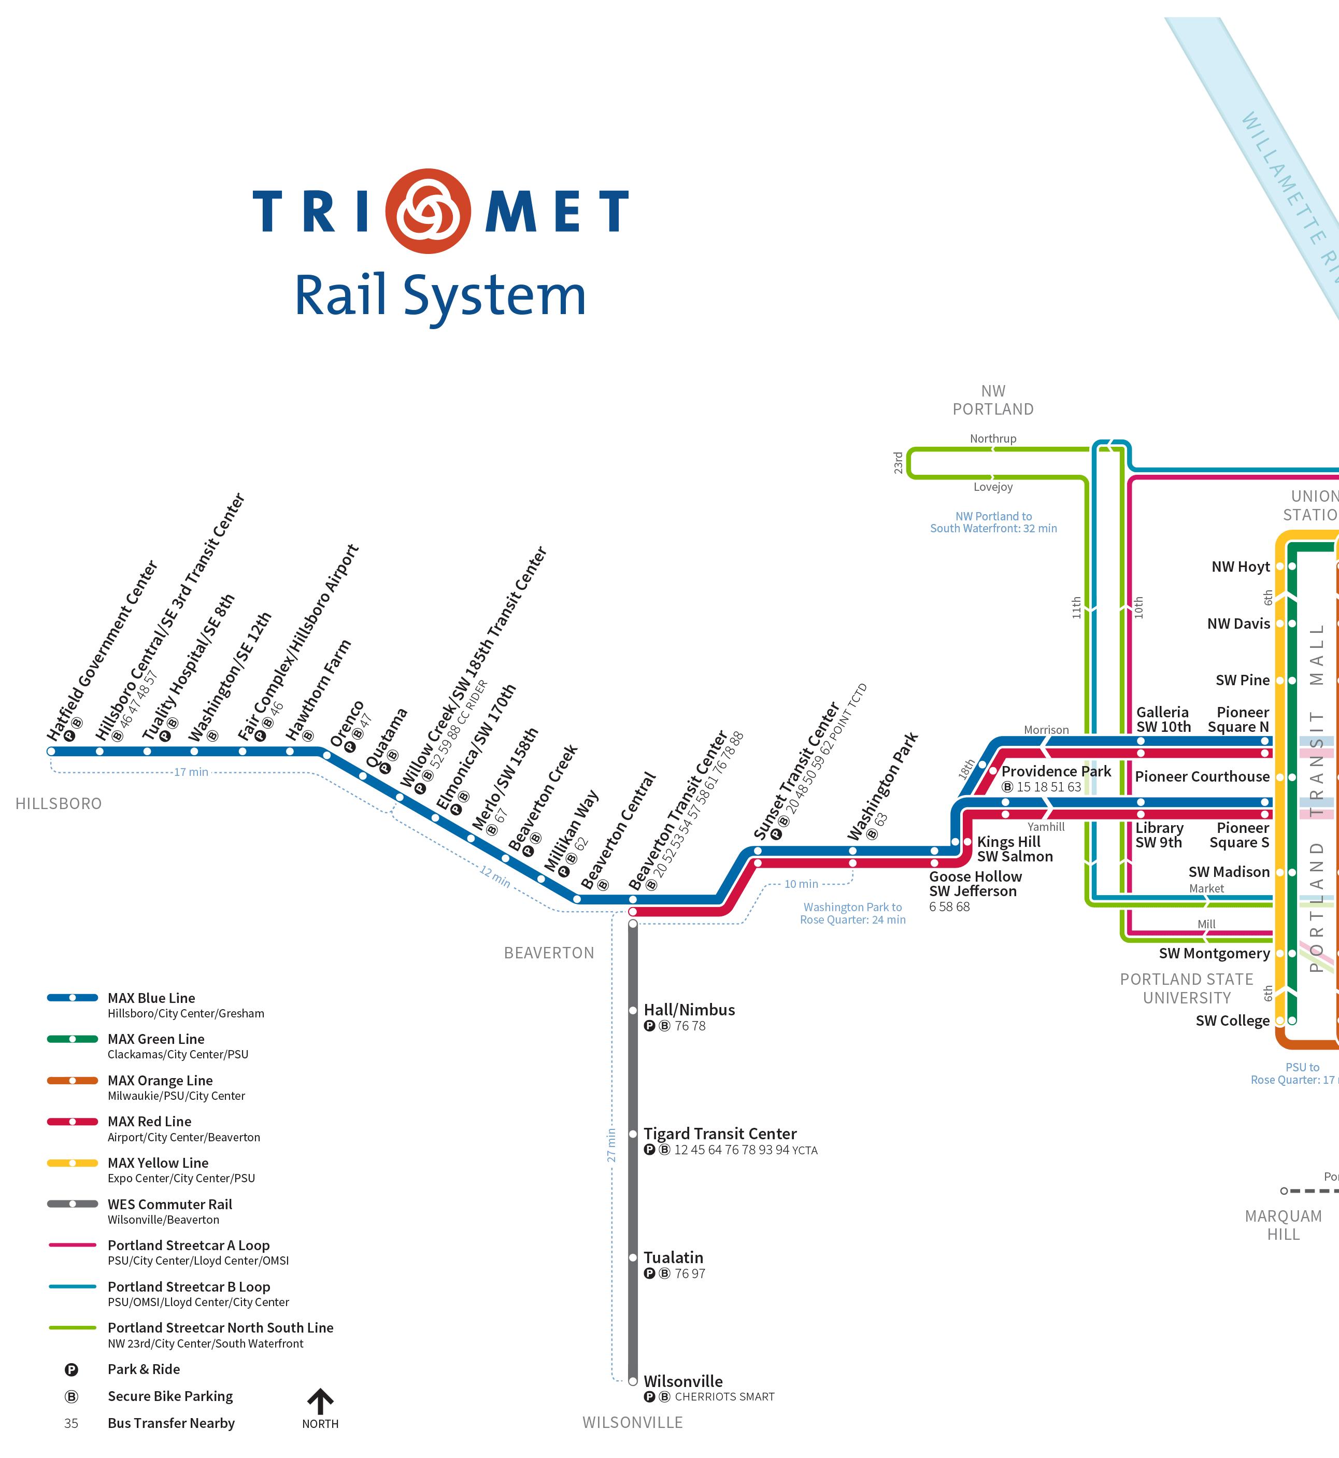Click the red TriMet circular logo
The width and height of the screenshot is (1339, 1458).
(428, 211)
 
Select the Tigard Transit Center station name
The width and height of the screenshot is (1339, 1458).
(719, 1134)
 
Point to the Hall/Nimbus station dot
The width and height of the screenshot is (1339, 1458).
(633, 1010)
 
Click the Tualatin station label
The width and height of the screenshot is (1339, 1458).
(673, 1257)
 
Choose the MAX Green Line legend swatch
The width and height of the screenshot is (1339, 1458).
(73, 1039)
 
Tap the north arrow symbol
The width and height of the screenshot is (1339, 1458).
(320, 1401)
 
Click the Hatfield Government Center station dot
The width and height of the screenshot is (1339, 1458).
(51, 752)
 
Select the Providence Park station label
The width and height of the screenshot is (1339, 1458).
(1056, 771)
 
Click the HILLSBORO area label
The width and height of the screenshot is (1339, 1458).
(59, 804)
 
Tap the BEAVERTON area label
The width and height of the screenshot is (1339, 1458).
(548, 953)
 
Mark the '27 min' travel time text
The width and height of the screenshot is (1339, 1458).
(611, 1145)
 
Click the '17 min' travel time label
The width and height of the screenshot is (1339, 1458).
(191, 772)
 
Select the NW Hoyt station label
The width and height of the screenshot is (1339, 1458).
(1241, 567)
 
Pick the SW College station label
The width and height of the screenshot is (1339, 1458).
(1232, 1021)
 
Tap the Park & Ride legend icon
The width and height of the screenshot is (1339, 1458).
(71, 1369)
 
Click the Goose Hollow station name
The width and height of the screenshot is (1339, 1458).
(975, 877)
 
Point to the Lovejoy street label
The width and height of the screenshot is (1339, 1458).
(993, 487)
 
